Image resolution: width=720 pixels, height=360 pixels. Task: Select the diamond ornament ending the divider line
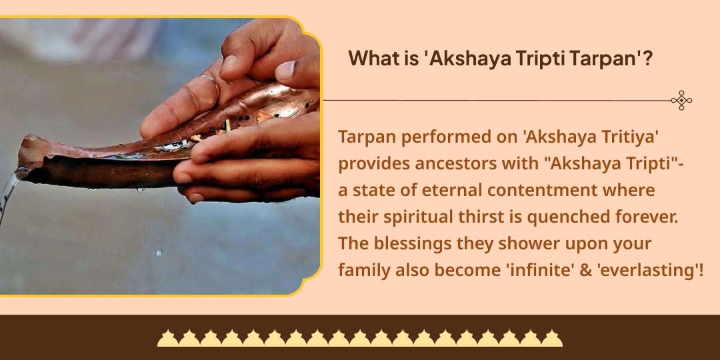pyautogui.click(x=681, y=101)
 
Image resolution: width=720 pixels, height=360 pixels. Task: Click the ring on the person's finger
pyautogui.click(x=209, y=81)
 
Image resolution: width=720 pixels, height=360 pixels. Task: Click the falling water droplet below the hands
pyautogui.click(x=158, y=252)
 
